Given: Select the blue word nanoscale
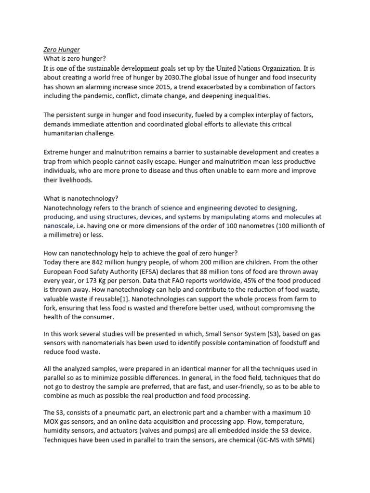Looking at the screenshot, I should (x=59, y=225).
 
